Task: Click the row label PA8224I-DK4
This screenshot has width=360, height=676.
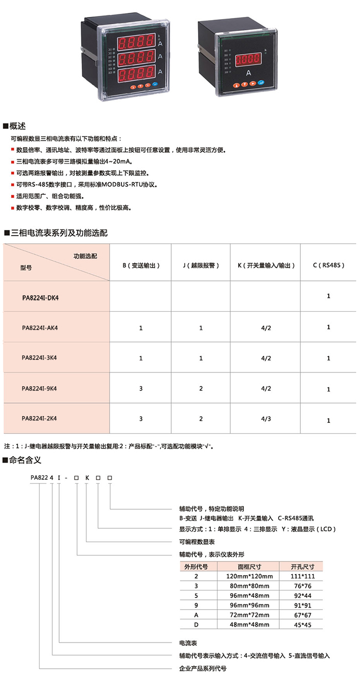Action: pos(41,297)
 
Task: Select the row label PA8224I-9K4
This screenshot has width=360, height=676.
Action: pos(39,389)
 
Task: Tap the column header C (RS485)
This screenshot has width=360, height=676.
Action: pos(328,265)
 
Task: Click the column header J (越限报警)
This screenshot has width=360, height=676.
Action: pos(201,265)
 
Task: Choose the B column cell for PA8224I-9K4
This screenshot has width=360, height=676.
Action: pos(140,389)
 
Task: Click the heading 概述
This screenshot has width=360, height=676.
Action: pos(19,126)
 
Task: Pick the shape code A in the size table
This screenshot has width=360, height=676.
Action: pos(196,615)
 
